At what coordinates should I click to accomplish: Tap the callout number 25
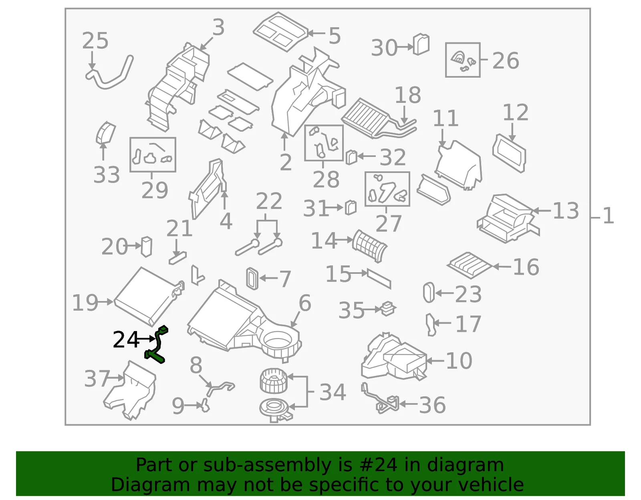(x=95, y=41)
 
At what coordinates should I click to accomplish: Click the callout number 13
(x=566, y=211)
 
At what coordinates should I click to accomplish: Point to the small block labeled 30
(x=421, y=44)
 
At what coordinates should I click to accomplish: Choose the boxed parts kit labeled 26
(x=463, y=60)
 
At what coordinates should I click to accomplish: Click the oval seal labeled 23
(x=429, y=293)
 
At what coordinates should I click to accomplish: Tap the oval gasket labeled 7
(x=252, y=279)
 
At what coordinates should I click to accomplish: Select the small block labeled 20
(x=146, y=247)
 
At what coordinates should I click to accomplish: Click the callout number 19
(x=85, y=303)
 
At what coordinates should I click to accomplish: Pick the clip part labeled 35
(x=388, y=309)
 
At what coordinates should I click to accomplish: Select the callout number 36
(x=432, y=405)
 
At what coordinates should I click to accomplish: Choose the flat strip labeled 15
(x=379, y=279)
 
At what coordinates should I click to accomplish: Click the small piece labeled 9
(x=205, y=406)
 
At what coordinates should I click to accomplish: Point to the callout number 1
(x=608, y=216)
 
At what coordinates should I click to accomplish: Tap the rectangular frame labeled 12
(x=509, y=153)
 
